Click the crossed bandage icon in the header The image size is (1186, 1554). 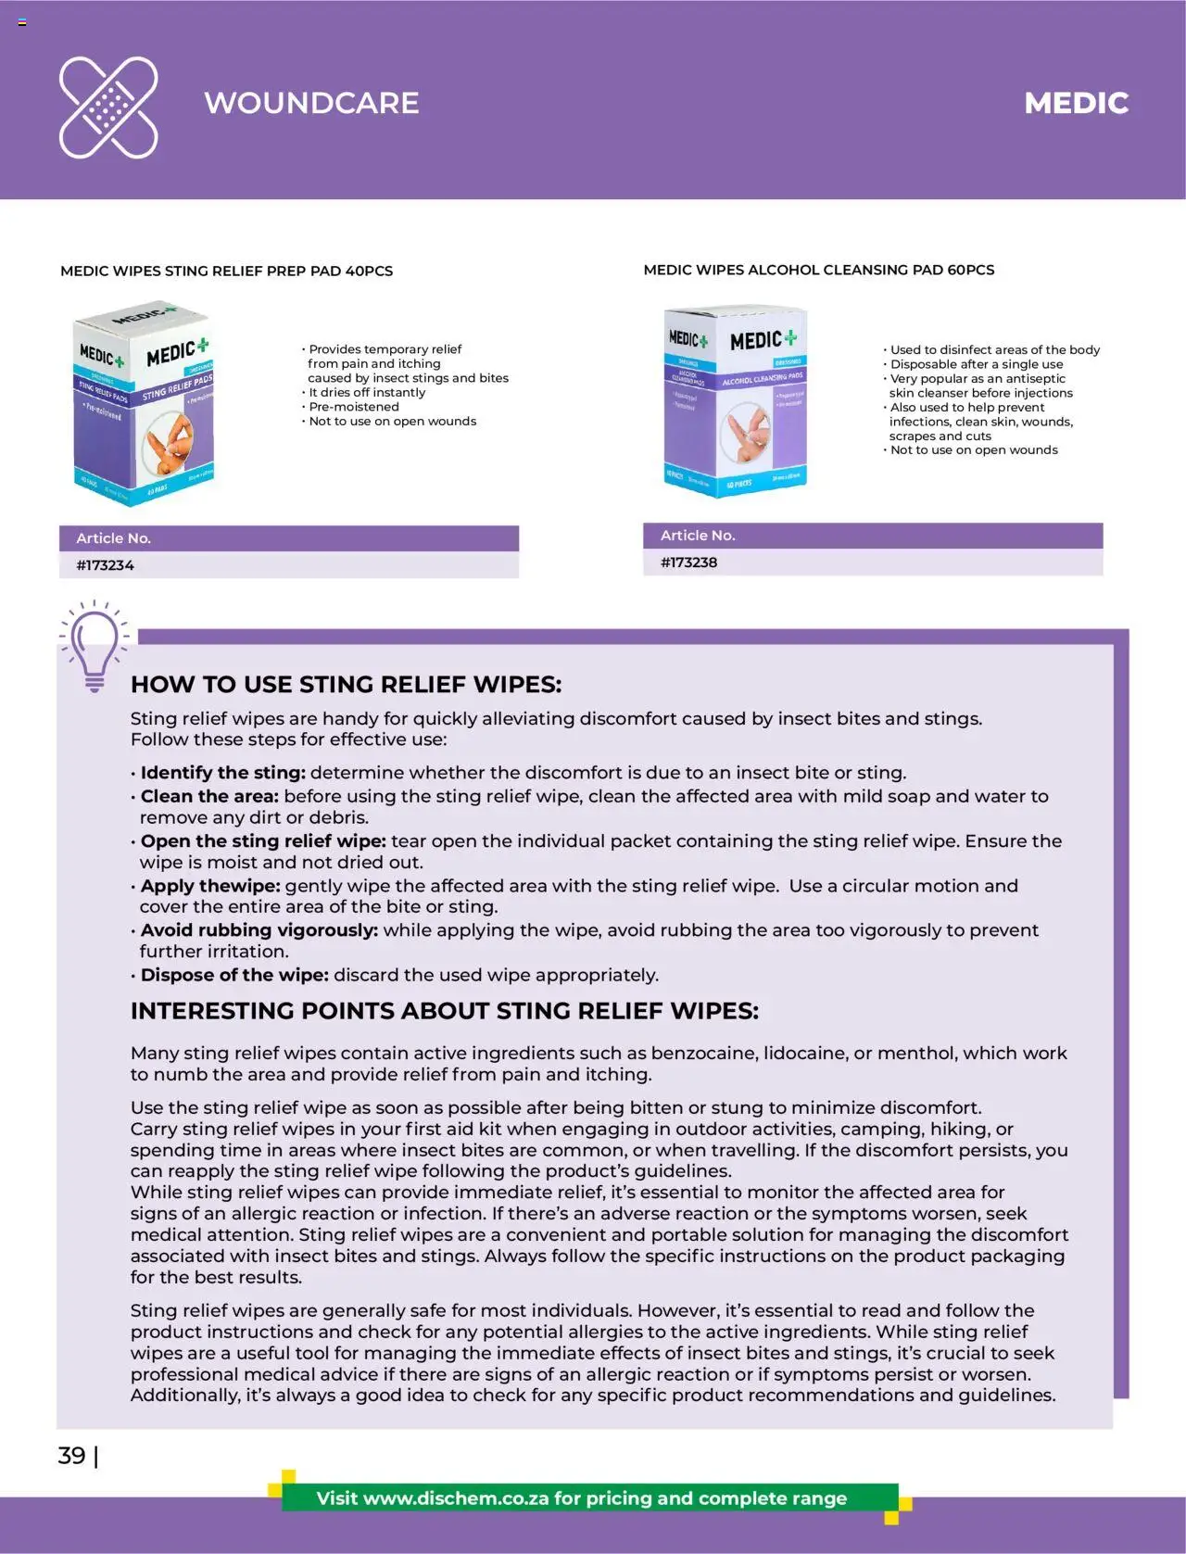point(108,107)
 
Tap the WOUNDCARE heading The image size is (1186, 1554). point(311,103)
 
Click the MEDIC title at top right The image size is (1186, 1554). point(1076,103)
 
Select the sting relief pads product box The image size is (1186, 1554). point(144,406)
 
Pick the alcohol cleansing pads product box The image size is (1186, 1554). point(736,400)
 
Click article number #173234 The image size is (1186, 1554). point(105,565)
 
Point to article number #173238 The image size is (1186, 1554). point(688,562)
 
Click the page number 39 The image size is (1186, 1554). point(71,1455)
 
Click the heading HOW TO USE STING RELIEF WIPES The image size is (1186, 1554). point(346,685)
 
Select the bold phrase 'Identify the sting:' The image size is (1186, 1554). point(222,773)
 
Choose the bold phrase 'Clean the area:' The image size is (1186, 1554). point(209,796)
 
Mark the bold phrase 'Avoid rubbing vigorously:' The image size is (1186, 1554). point(259,930)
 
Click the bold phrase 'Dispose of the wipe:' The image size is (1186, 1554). point(234,975)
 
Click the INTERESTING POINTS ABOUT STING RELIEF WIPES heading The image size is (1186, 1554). point(444,1011)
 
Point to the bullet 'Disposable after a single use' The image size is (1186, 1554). point(977,364)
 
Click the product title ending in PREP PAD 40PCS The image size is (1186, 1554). point(226,272)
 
